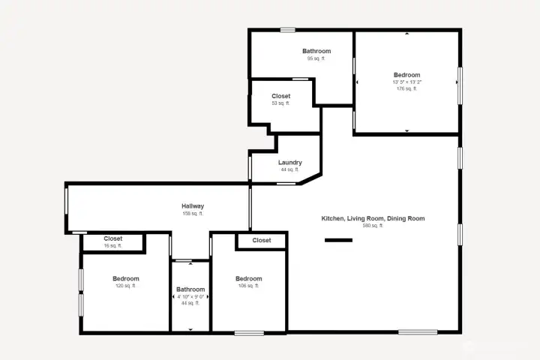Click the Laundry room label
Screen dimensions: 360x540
click(289, 163)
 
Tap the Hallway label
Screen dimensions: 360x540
click(193, 206)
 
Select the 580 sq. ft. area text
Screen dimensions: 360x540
click(373, 226)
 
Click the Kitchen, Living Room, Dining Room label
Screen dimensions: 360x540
click(373, 218)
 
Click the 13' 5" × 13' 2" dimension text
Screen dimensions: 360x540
click(406, 82)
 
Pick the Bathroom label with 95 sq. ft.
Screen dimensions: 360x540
click(316, 51)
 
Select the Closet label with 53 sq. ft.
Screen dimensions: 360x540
click(280, 96)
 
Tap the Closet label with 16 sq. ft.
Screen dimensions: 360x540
click(112, 238)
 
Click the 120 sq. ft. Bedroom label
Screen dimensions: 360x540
click(125, 279)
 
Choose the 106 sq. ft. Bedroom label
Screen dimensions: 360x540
click(248, 279)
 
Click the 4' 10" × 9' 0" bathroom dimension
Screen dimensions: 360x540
click(190, 296)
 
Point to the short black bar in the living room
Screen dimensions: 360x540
click(338, 241)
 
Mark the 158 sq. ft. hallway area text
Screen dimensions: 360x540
click(193, 214)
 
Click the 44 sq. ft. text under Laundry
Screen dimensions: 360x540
click(289, 169)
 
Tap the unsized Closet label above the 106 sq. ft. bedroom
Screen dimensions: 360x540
click(262, 241)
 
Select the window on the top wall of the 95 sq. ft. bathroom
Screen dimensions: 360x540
click(288, 30)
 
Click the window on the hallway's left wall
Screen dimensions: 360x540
click(67, 208)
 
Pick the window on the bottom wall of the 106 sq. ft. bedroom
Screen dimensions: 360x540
click(248, 332)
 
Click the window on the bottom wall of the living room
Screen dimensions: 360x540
click(418, 332)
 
